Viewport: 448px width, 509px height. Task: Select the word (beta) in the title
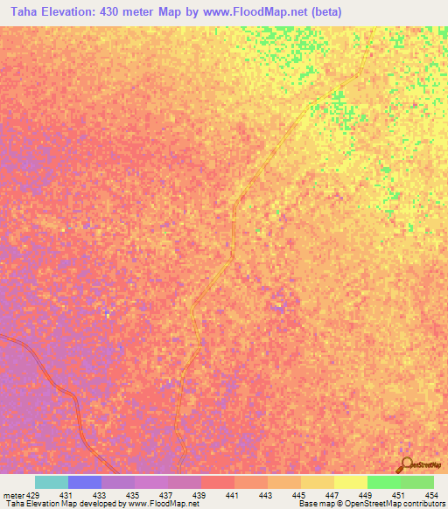point(322,12)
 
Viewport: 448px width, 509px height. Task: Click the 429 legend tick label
point(32,495)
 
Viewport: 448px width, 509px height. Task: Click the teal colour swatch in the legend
point(51,482)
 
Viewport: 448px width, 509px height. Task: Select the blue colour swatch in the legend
point(84,482)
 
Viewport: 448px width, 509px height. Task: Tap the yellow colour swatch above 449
point(350,482)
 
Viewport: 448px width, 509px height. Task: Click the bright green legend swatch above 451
point(383,482)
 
